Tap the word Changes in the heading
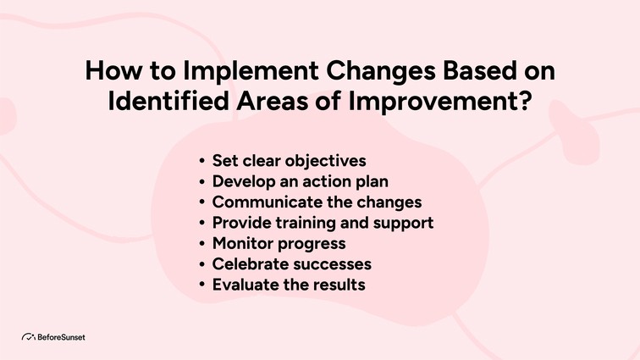pyautogui.click(x=354, y=72)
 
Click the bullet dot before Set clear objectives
pyautogui.click(x=201, y=161)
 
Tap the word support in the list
pyautogui.click(x=403, y=223)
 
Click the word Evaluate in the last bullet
pyautogui.click(x=244, y=285)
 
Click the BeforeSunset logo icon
pyautogui.click(x=28, y=336)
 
